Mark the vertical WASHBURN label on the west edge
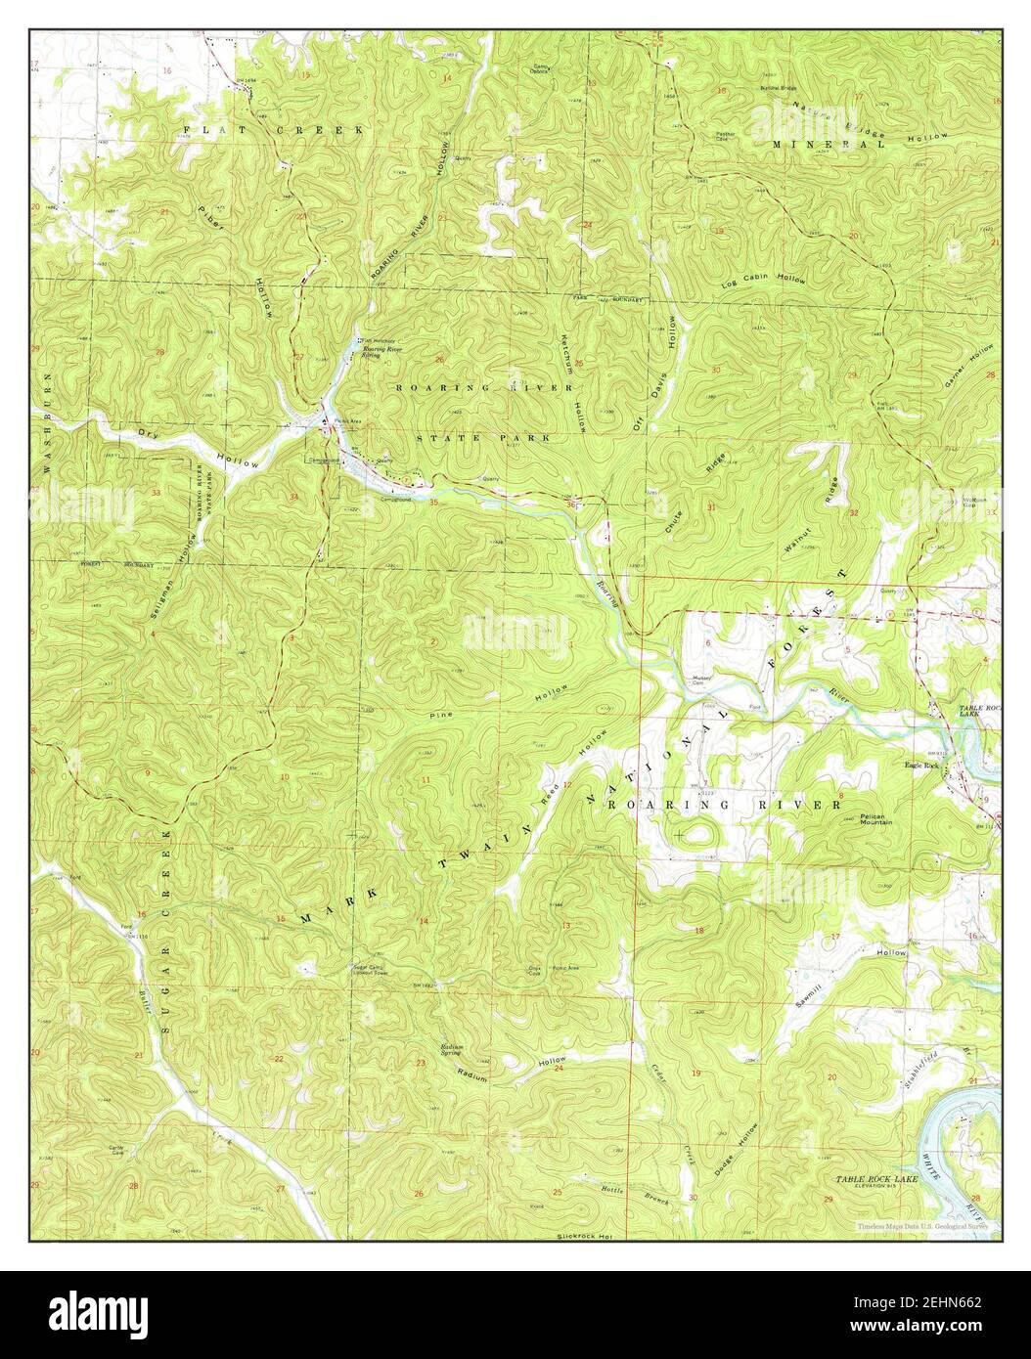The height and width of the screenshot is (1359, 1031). [x=46, y=416]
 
